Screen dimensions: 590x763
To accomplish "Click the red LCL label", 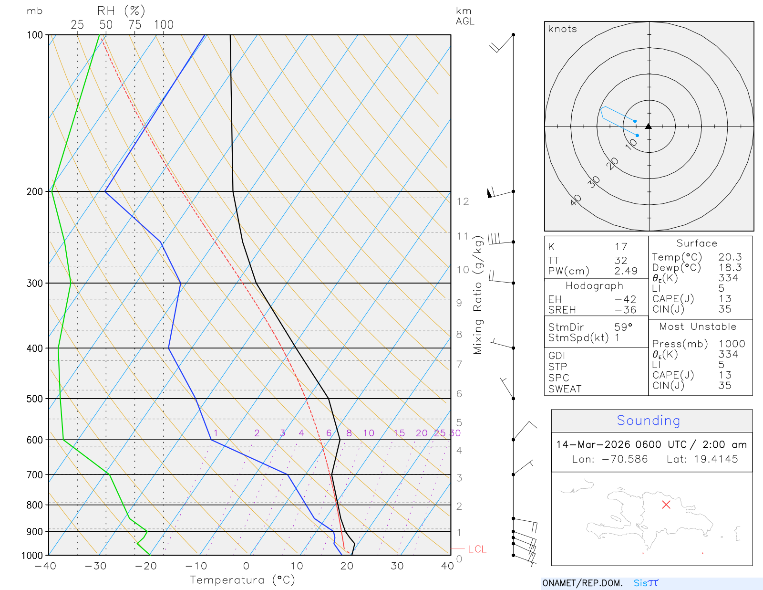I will (477, 549).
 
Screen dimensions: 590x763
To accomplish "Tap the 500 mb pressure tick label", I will (35, 399).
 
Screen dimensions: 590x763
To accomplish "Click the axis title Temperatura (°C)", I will (242, 580).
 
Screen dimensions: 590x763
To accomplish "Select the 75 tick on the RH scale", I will (135, 25).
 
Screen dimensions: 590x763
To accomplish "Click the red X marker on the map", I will (666, 505).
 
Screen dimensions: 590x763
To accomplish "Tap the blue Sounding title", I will (649, 421).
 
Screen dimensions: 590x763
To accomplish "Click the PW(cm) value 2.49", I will (626, 271).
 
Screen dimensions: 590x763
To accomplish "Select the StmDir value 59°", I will (623, 327).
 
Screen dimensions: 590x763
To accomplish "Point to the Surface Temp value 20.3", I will (730, 257).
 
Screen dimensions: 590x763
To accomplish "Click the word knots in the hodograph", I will (563, 29).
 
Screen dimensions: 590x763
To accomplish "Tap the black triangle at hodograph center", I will (649, 126).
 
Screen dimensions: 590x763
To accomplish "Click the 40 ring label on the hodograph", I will (576, 200).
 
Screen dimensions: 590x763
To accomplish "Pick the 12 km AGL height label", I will (463, 201).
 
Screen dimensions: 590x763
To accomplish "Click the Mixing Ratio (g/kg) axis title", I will (478, 296).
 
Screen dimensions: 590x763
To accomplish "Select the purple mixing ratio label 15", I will (399, 433).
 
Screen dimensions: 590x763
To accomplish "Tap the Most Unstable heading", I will (698, 327).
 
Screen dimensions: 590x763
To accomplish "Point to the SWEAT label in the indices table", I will (565, 389).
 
